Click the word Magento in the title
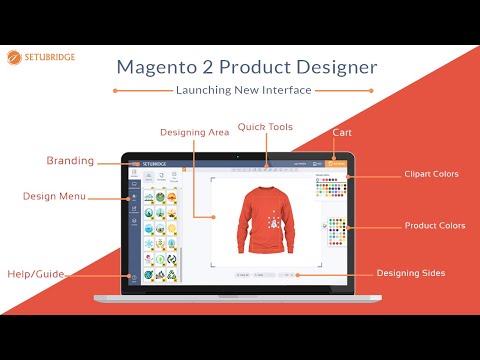point(162,67)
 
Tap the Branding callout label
point(70,160)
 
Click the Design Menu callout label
point(55,196)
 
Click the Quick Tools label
point(265,126)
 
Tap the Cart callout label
point(341,131)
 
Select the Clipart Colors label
point(432,174)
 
